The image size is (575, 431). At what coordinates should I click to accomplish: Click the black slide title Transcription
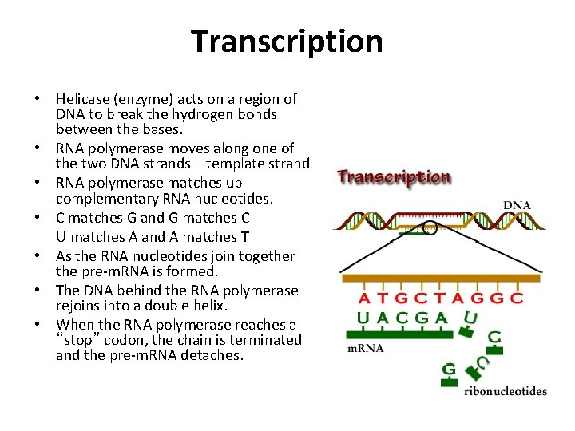click(287, 42)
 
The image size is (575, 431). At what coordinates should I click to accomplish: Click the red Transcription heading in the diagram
click(394, 176)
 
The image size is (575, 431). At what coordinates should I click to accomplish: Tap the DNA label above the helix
click(517, 205)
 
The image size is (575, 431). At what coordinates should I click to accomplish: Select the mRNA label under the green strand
click(365, 348)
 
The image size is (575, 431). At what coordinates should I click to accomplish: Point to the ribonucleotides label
click(506, 390)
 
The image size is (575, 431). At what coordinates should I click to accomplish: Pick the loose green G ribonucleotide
click(449, 370)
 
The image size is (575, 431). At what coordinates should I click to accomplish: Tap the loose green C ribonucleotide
click(494, 338)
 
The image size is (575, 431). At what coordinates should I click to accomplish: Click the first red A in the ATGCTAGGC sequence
click(364, 299)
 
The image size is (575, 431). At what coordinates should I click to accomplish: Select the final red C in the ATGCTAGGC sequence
click(516, 299)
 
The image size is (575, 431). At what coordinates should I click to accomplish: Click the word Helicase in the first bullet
click(83, 99)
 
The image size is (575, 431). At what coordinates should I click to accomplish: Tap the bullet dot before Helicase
click(38, 100)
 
